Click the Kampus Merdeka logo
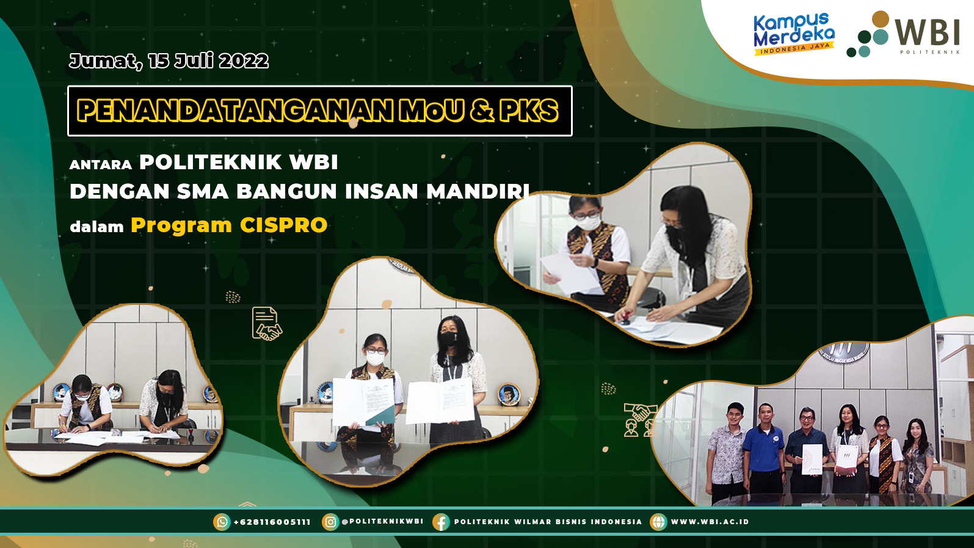(x=794, y=34)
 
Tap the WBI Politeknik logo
(x=903, y=34)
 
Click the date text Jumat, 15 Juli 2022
(x=169, y=61)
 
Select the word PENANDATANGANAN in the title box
(x=235, y=111)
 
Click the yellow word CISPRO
(x=283, y=225)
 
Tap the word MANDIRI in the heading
(x=478, y=191)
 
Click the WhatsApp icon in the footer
(x=222, y=522)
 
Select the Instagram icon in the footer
(x=330, y=522)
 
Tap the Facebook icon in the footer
(x=441, y=522)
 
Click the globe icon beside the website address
(x=658, y=522)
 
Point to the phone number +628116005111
(x=272, y=522)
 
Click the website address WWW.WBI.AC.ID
(x=710, y=522)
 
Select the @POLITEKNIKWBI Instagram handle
(x=383, y=521)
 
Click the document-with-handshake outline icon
(x=266, y=324)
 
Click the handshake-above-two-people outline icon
(x=640, y=420)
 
